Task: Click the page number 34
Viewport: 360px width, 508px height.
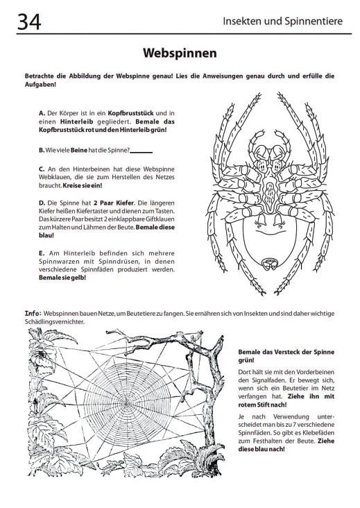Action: [x=29, y=22]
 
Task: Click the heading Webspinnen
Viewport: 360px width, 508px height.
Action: [x=180, y=53]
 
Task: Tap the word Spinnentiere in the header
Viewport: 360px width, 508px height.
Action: [x=314, y=22]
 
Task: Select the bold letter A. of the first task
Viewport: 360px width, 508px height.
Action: [x=42, y=113]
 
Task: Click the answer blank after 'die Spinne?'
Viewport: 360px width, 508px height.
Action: [x=141, y=152]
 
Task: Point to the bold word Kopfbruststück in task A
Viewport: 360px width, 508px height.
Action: [x=131, y=113]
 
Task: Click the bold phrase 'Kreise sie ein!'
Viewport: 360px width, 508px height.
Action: [x=83, y=185]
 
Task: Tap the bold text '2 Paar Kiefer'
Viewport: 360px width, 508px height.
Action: [x=114, y=203]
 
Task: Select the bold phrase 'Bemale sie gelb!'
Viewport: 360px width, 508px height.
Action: [x=62, y=278]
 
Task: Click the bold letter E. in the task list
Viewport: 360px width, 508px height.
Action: [x=42, y=253]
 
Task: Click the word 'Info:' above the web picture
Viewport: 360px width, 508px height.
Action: [x=33, y=313]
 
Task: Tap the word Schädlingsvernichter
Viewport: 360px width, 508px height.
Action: [x=54, y=322]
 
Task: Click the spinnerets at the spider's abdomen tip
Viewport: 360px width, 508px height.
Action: [x=270, y=264]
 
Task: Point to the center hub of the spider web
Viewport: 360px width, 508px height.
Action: [x=127, y=403]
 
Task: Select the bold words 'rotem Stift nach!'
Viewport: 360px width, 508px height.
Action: [x=262, y=405]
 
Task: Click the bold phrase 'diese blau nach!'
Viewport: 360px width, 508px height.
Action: [x=262, y=450]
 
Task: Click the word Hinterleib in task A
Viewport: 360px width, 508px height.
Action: [x=77, y=122]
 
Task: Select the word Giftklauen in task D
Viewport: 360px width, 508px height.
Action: [x=160, y=219]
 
